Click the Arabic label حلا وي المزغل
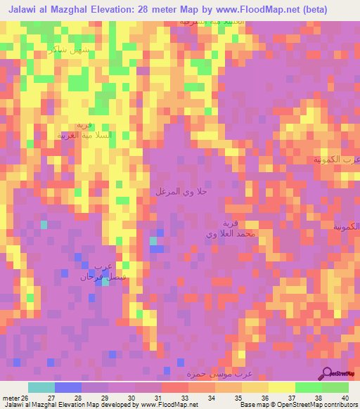click(x=181, y=192)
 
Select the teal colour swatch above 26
click(x=41, y=387)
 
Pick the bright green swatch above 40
click(x=335, y=387)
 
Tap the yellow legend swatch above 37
click(x=281, y=387)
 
